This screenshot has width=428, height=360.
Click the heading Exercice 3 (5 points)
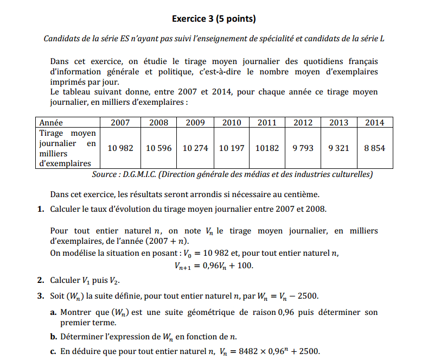point(214,19)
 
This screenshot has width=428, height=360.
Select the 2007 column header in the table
point(120,123)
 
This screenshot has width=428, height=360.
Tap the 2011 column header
point(267,123)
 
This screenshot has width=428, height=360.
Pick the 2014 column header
point(374,123)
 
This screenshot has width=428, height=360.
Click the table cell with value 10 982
point(120,148)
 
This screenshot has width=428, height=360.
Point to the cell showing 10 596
point(158,148)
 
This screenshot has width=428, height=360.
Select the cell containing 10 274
point(195,148)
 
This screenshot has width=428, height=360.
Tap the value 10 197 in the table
point(232,148)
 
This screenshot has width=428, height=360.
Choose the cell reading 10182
point(267,148)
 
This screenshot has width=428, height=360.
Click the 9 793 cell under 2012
point(303,148)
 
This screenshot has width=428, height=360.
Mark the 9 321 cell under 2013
point(339,148)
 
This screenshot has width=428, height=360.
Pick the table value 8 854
point(374,148)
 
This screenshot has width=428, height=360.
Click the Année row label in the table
point(52,123)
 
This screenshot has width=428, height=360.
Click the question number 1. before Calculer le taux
point(41,209)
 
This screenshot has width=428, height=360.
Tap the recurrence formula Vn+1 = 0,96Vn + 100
point(214,266)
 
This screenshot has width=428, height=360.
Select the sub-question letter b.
point(53,336)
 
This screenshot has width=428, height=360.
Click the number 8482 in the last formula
point(246,351)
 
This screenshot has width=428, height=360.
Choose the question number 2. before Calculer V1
point(41,281)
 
